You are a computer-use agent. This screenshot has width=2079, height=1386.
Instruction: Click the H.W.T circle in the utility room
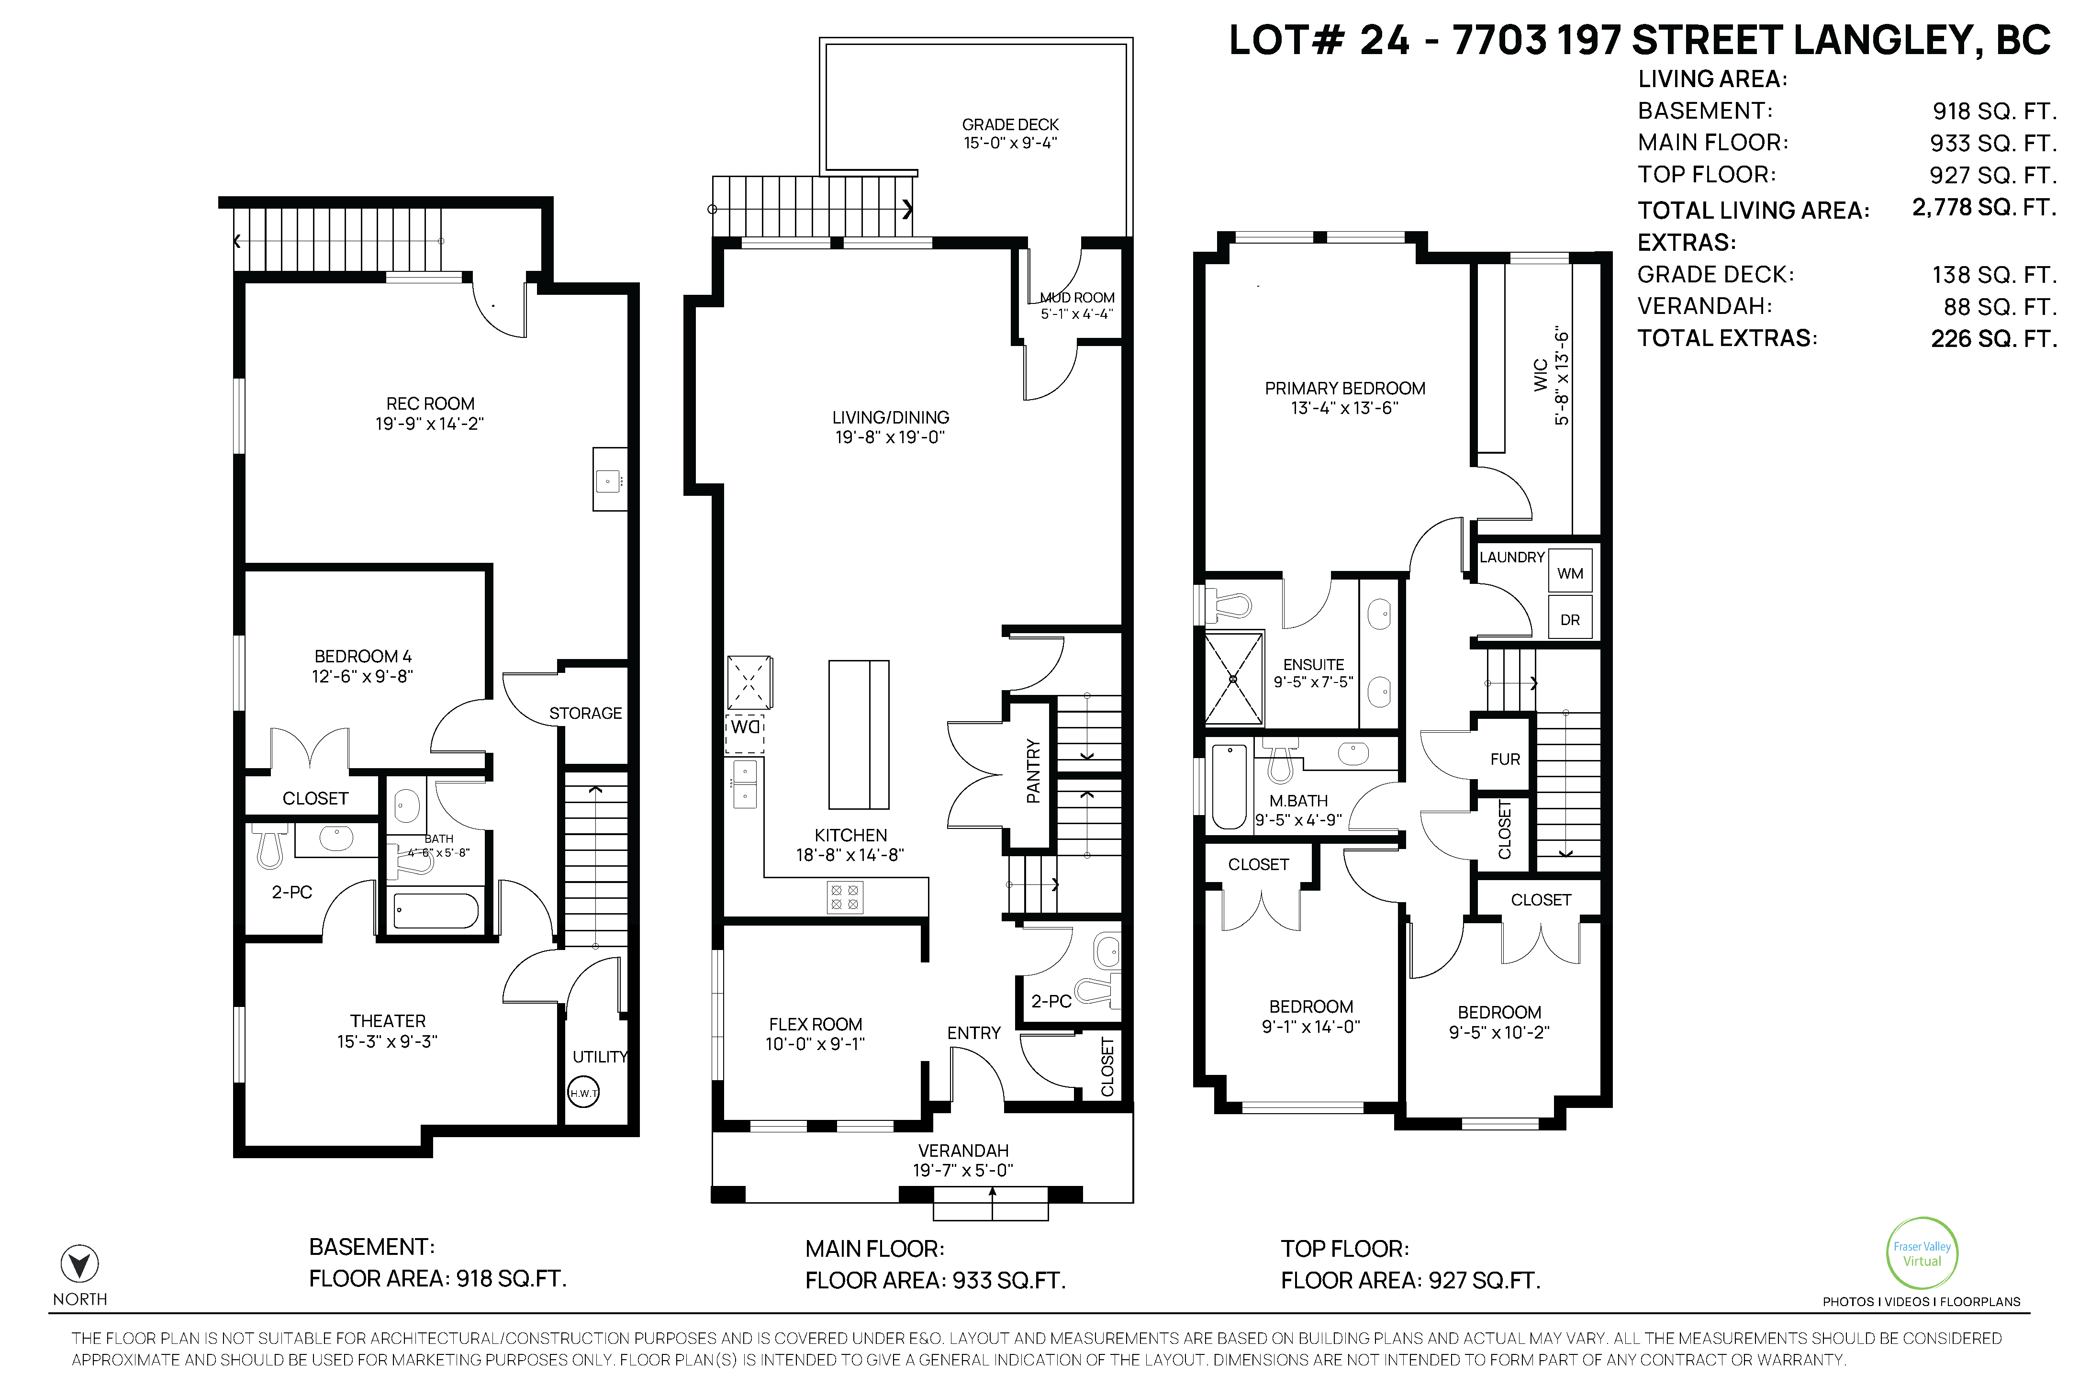(583, 1093)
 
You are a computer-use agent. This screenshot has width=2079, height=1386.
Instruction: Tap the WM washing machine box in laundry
(1570, 573)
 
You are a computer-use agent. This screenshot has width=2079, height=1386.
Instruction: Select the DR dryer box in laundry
(1570, 619)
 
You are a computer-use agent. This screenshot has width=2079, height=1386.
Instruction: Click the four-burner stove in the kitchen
(844, 898)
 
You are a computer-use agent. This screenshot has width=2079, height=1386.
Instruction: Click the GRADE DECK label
(1010, 124)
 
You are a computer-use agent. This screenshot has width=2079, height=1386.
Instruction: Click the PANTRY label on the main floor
(1032, 771)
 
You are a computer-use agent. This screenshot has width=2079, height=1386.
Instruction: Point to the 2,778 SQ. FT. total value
(1984, 208)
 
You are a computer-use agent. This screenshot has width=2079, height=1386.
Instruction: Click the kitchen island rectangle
(858, 735)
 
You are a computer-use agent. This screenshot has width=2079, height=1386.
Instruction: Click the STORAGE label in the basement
(585, 713)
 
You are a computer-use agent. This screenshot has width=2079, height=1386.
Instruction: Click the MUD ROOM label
(1077, 298)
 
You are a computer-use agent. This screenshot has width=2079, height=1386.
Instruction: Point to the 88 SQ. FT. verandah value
(2000, 307)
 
